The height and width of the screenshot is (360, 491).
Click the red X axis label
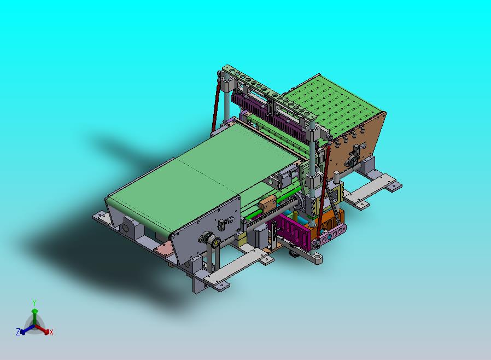click(51, 333)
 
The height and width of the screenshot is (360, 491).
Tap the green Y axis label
click(34, 303)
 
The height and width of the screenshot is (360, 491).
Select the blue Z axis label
click(18, 332)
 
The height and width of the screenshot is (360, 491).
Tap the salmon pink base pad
click(165, 249)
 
